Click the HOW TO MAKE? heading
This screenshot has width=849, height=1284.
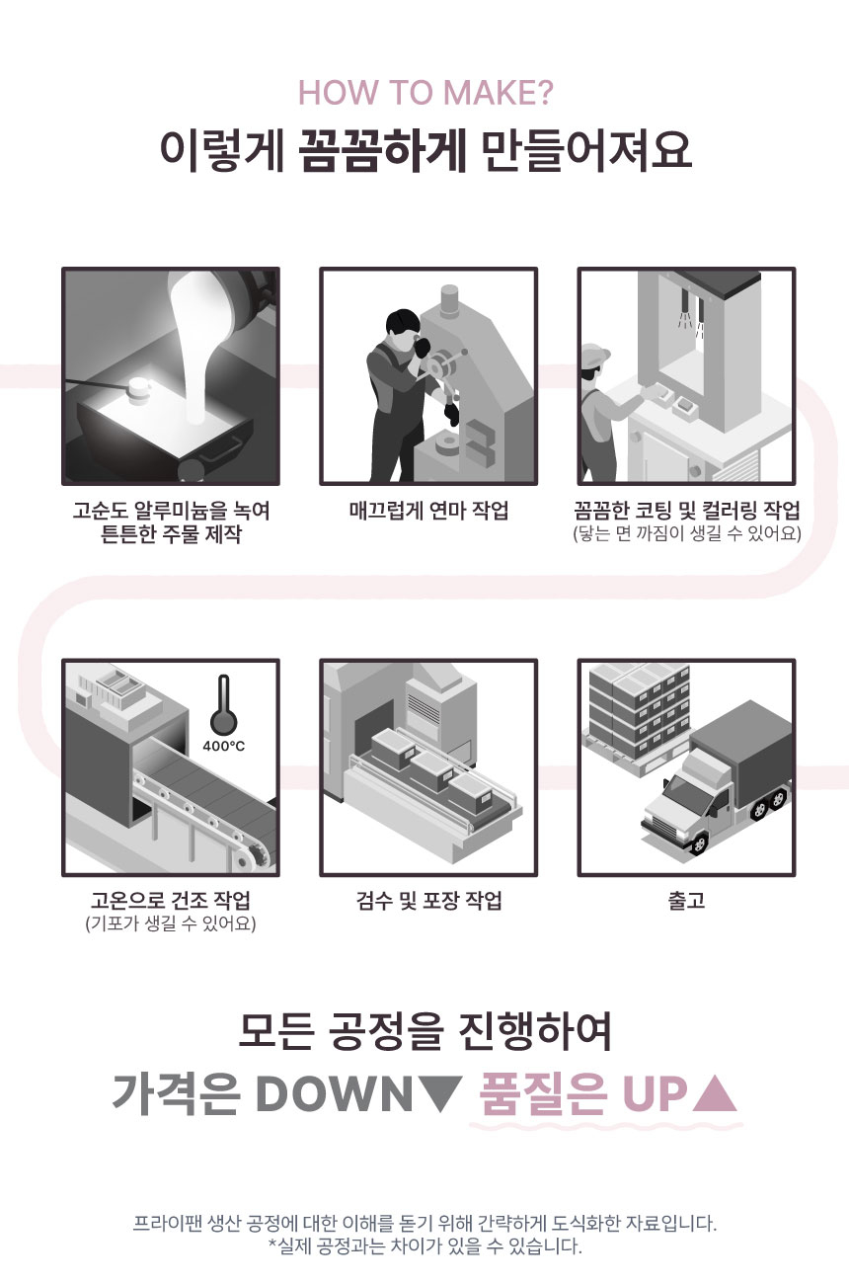click(x=425, y=92)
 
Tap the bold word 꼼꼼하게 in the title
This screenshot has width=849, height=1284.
click(x=383, y=151)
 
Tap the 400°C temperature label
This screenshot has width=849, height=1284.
click(x=223, y=746)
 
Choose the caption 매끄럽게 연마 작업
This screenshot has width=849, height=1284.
click(x=428, y=511)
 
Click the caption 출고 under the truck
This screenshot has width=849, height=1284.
click(x=686, y=900)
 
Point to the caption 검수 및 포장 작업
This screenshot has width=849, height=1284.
click(x=428, y=900)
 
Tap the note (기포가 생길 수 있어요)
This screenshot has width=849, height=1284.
click(x=171, y=923)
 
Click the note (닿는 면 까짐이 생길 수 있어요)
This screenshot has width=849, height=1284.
click(x=686, y=533)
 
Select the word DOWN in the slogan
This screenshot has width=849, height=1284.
click(x=334, y=1093)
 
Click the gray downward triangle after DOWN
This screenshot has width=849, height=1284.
click(x=440, y=1092)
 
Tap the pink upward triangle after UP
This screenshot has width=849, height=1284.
click(x=714, y=1092)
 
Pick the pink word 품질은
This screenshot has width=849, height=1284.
click(x=542, y=1093)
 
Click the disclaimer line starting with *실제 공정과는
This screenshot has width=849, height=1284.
click(x=425, y=1245)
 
